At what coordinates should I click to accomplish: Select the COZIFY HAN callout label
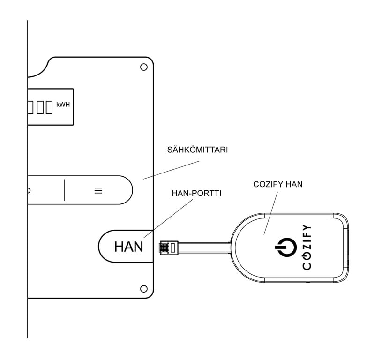[277, 184]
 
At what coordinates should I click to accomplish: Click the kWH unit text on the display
[63, 104]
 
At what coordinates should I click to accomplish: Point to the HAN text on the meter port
[128, 247]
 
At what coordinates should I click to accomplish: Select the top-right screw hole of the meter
[144, 67]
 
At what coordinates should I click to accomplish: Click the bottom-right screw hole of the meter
[144, 287]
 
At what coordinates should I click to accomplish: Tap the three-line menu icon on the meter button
[98, 191]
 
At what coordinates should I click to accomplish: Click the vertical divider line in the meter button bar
[64, 190]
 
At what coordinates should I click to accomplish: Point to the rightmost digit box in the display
[49, 107]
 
